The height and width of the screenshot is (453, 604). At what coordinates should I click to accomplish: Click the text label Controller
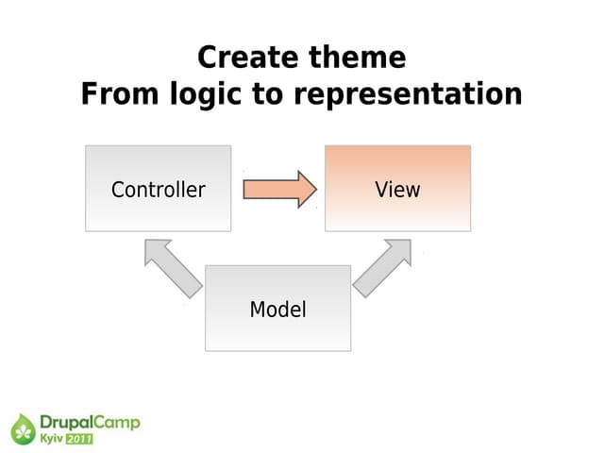pos(158,190)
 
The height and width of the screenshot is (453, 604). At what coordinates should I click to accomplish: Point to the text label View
pos(397,190)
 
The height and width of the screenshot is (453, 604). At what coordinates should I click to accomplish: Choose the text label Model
pos(277,310)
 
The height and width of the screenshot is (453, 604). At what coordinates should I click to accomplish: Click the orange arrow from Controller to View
pos(278,189)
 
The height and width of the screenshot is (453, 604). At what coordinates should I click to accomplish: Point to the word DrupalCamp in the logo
pos(90,423)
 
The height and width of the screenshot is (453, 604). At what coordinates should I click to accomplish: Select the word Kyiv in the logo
pos(51,439)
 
